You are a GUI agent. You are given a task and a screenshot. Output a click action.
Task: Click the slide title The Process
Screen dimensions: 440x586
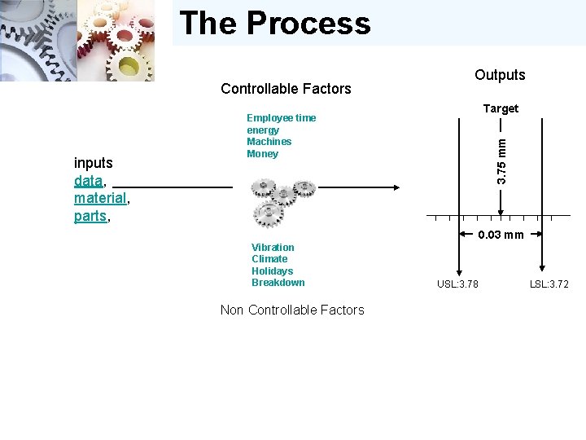click(x=275, y=23)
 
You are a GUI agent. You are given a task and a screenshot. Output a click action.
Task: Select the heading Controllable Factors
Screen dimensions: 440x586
click(x=286, y=89)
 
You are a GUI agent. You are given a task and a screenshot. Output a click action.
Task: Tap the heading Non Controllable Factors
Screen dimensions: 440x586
click(x=292, y=310)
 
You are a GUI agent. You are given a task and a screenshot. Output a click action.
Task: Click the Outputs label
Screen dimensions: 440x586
click(x=500, y=75)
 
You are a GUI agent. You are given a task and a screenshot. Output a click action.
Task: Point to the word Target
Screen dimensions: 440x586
click(x=501, y=108)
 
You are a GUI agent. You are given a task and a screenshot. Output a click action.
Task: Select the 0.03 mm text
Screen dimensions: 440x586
click(x=501, y=235)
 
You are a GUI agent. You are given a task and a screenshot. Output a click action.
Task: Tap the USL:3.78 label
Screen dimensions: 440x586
click(x=457, y=284)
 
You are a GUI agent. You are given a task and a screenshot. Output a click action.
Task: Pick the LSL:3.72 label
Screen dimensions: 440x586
click(x=549, y=284)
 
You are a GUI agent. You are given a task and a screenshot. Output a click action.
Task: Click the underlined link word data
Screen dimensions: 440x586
click(x=88, y=181)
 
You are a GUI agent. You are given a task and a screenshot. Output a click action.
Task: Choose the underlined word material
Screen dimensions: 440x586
click(x=100, y=199)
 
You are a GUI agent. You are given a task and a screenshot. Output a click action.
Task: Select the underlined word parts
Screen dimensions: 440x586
click(x=90, y=217)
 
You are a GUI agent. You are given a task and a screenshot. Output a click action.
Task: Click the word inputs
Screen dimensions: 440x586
click(x=94, y=163)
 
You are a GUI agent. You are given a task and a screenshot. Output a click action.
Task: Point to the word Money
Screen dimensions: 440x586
click(x=262, y=154)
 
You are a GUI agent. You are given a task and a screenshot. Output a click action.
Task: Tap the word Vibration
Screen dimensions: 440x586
click(x=273, y=248)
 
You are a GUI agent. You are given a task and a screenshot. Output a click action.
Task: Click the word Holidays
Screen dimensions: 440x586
click(x=272, y=271)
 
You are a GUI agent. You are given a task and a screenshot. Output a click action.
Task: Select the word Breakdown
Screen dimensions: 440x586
click(x=278, y=283)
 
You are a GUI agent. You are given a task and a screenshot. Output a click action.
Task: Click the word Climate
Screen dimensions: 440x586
click(x=269, y=259)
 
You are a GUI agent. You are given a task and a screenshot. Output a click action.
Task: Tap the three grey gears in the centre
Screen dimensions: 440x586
click(x=280, y=203)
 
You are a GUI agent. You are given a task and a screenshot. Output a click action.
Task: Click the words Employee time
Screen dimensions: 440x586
click(x=281, y=118)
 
